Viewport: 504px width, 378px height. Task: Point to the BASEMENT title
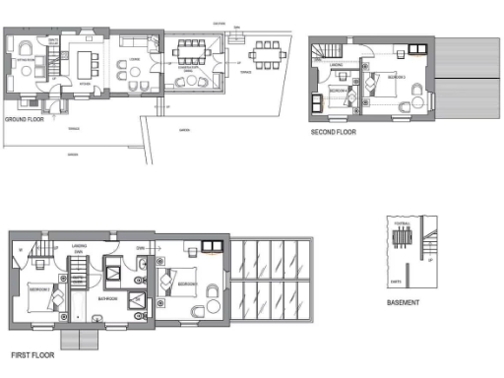(404, 303)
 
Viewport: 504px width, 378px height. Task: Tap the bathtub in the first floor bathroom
(115, 269)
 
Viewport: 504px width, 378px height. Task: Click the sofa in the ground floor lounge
(131, 43)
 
